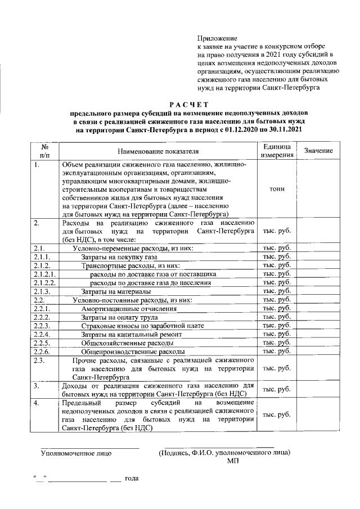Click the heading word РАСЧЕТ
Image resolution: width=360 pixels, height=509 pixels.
click(x=189, y=104)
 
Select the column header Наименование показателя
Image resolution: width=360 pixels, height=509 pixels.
click(x=158, y=151)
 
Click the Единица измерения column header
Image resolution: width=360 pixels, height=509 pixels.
click(x=277, y=151)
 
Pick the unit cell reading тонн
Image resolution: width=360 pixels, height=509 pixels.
click(x=277, y=189)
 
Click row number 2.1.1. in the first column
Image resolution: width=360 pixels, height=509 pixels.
click(x=42, y=256)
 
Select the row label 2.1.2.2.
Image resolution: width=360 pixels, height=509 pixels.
click(x=44, y=282)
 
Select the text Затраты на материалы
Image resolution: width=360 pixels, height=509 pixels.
click(x=116, y=291)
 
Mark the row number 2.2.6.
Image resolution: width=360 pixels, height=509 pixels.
click(x=42, y=352)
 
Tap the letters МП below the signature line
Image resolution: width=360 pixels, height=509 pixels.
click(x=233, y=461)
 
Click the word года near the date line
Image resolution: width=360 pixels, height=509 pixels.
click(x=132, y=479)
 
